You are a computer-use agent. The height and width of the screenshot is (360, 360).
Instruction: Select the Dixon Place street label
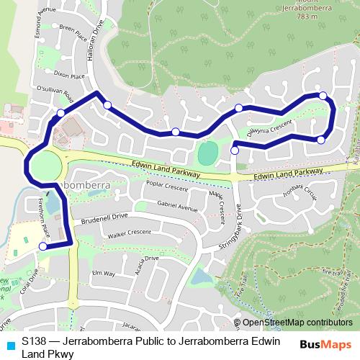[69, 74]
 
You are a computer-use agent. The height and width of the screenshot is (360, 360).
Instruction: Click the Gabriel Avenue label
[176, 206]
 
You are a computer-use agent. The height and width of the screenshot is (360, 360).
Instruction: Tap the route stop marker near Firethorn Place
[42, 246]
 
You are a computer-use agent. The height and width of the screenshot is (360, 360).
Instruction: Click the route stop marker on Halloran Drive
[107, 105]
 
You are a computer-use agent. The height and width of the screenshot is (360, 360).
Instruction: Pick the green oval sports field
[207, 153]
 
